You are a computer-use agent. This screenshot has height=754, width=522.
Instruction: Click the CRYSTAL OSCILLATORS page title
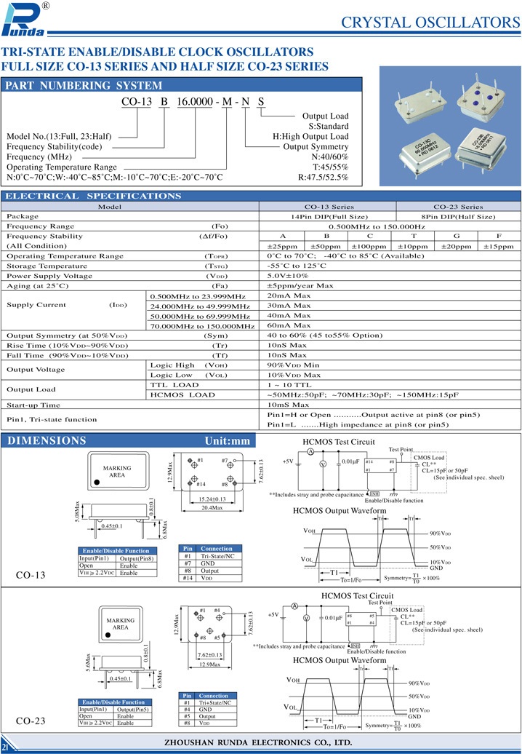click(x=430, y=23)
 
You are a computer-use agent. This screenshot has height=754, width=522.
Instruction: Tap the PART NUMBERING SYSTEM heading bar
click(x=79, y=85)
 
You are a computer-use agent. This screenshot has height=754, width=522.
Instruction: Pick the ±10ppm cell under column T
click(x=413, y=246)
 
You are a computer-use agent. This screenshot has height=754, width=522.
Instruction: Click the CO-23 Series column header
click(x=458, y=207)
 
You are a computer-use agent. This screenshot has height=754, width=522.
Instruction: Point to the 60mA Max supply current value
click(x=289, y=326)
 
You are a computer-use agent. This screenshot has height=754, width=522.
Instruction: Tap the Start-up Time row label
click(x=33, y=405)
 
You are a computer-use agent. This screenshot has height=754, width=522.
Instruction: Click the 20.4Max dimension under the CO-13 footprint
click(x=212, y=508)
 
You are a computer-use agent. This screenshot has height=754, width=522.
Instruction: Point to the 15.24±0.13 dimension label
click(x=212, y=499)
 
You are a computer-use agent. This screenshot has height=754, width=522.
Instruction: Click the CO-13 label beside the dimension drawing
click(x=31, y=575)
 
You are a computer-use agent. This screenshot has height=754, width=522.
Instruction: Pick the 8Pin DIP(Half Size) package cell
click(x=458, y=216)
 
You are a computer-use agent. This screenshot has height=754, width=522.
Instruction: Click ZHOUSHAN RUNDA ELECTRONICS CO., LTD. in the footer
click(x=260, y=742)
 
